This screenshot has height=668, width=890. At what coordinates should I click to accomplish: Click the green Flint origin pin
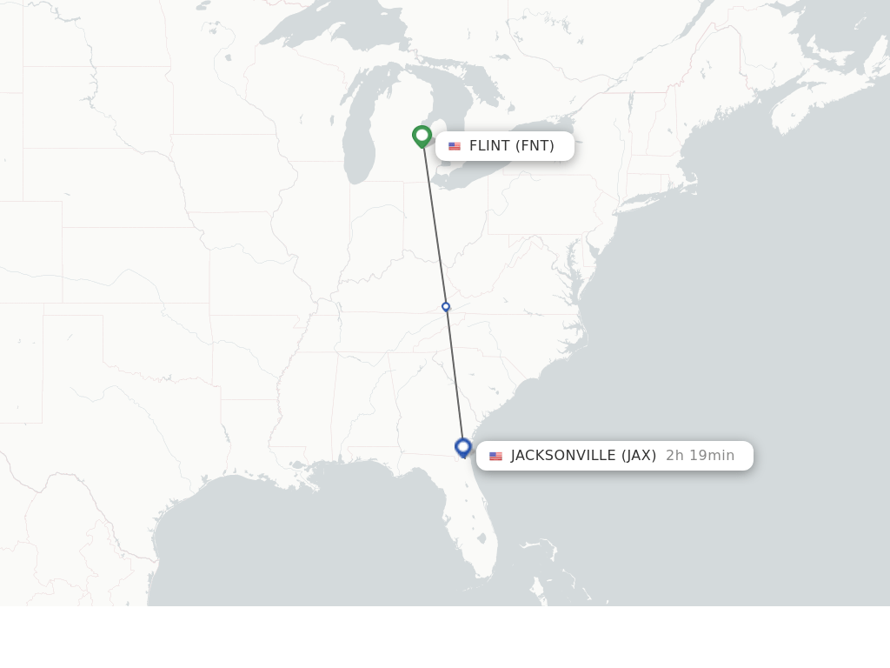coord(422,136)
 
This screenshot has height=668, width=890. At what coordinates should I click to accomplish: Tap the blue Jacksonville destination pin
coord(463,447)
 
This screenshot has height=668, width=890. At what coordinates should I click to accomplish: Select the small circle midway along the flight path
coord(446,306)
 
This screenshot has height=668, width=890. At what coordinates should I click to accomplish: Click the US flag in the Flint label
coord(455,146)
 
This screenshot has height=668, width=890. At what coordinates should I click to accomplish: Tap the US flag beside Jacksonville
coord(495,456)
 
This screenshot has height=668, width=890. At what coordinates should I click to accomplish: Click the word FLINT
coord(489,146)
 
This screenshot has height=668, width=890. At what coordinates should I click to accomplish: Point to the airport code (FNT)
coord(535,146)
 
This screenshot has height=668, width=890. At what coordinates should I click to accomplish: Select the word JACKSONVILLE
coord(563,456)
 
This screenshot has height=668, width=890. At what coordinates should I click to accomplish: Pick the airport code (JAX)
coord(639,456)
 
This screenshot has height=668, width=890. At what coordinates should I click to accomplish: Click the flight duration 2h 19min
coord(700,456)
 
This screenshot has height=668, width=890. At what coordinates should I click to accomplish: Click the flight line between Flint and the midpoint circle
coord(435,226)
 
